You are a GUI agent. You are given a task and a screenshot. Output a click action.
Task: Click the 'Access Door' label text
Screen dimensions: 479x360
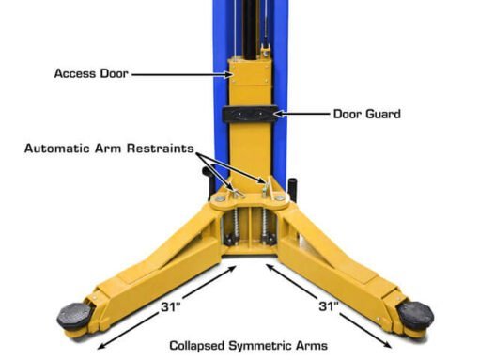(91, 73)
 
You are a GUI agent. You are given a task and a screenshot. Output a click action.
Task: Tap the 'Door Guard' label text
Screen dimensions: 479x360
(367, 114)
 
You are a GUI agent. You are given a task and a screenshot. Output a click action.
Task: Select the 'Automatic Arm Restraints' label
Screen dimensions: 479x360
(109, 149)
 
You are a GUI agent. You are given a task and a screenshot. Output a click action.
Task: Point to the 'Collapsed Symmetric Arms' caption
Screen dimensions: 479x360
(248, 346)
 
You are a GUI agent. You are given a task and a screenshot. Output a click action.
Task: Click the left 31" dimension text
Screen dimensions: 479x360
(171, 306)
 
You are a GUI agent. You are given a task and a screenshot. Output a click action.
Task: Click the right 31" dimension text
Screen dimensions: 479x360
(329, 306)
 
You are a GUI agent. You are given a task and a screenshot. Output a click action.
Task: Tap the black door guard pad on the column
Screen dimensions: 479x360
(250, 115)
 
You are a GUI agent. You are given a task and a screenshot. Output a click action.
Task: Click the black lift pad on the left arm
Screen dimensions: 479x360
(74, 316)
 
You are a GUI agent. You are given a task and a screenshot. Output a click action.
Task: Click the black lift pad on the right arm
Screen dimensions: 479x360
(415, 316)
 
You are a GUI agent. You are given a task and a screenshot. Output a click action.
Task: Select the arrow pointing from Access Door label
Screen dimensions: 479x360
(182, 74)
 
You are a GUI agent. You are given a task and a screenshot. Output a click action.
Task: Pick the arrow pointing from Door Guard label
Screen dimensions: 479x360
(302, 114)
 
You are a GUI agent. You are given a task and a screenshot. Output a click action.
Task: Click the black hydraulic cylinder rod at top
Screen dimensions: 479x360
(251, 30)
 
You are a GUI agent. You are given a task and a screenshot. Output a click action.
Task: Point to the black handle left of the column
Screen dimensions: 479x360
(209, 182)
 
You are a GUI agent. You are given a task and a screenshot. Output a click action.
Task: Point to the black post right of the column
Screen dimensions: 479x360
(292, 189)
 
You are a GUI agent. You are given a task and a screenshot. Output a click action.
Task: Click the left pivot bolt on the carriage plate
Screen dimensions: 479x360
(219, 198)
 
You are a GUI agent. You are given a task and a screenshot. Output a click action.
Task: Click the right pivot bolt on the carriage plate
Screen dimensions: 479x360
(280, 198)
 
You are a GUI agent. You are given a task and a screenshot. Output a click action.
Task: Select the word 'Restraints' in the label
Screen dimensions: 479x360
(160, 149)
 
